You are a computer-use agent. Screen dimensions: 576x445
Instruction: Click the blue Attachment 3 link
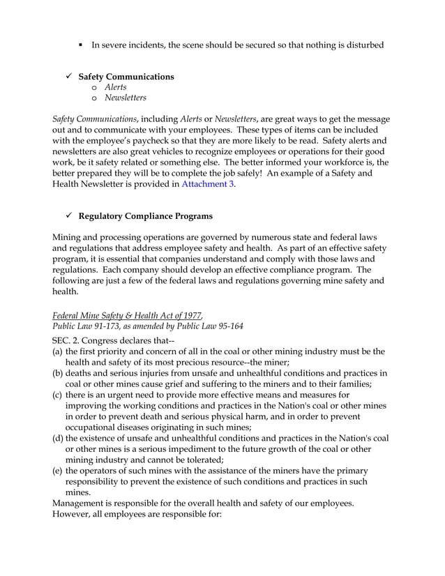[x=207, y=184]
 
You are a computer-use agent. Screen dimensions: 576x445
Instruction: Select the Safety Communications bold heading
[x=126, y=76]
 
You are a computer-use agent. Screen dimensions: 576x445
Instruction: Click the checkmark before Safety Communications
[x=67, y=76]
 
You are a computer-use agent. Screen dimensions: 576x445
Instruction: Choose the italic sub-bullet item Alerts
[x=116, y=87]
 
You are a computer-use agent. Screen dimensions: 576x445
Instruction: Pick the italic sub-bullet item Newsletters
[x=126, y=98]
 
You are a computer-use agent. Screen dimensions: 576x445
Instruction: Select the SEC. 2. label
[x=68, y=340]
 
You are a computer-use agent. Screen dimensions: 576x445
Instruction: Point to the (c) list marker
[x=58, y=395]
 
